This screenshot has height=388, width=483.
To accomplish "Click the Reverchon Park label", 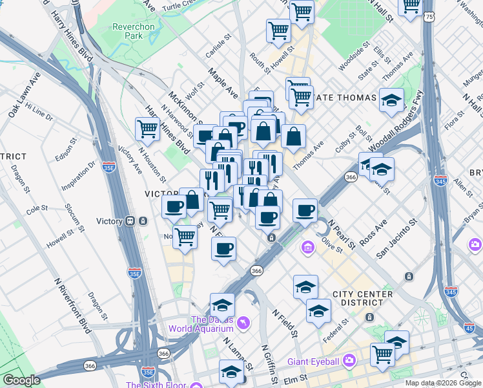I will pos(127,31).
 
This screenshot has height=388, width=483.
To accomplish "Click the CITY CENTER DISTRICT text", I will pos(362,298).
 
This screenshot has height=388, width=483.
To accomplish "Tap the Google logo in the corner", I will pos(22,380).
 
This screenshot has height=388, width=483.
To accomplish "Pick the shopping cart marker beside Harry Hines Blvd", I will pos(147,129).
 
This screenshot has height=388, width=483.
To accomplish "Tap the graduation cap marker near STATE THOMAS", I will pos(391,100).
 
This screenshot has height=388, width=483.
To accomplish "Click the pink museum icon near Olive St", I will pos(308,248).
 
